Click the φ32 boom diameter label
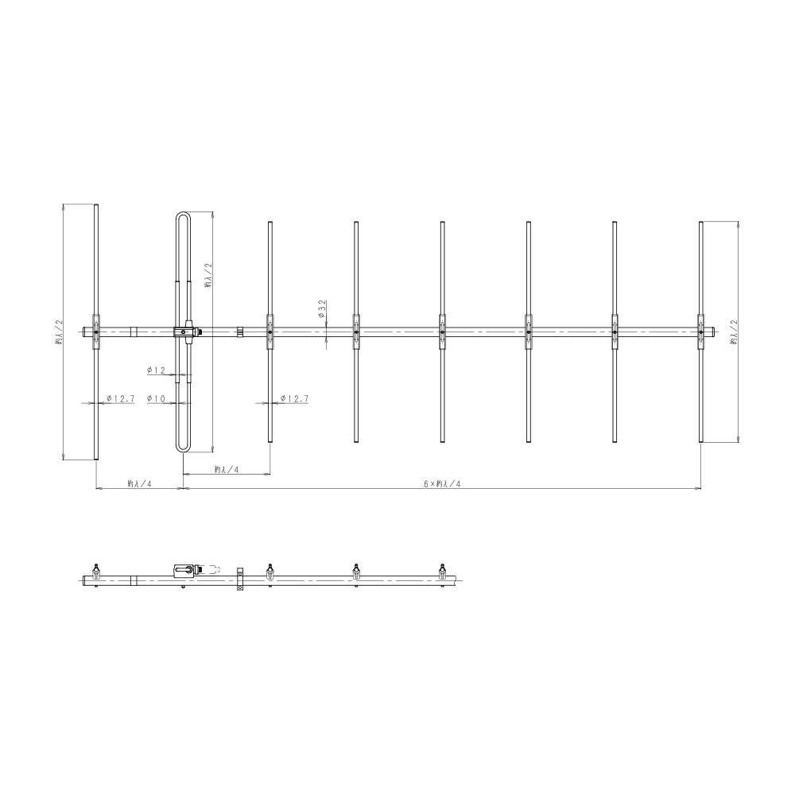(322, 308)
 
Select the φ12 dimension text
(157, 370)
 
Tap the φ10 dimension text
(157, 399)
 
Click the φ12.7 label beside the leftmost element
(121, 399)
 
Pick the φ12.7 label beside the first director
(295, 399)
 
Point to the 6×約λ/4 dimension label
(442, 484)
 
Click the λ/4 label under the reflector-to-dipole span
(140, 484)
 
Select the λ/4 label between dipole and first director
(226, 470)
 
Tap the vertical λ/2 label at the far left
(58, 332)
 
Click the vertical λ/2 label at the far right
(733, 332)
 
